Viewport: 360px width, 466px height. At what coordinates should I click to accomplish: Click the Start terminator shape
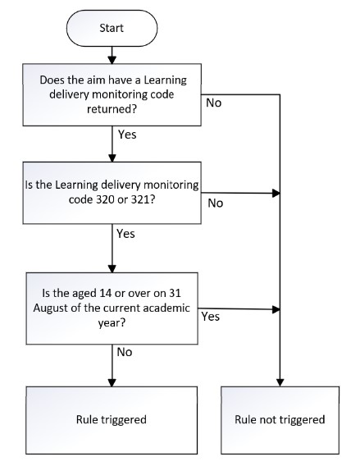coord(112,28)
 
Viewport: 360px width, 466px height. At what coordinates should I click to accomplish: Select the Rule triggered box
coord(112,420)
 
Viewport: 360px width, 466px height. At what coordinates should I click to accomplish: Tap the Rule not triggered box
coord(280,420)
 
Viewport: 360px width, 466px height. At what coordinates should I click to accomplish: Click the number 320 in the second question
coord(105,199)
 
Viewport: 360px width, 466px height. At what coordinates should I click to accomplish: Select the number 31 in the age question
coord(175,293)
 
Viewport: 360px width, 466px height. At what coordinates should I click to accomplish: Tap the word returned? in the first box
coord(112,109)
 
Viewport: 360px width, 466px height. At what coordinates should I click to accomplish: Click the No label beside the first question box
coord(213,103)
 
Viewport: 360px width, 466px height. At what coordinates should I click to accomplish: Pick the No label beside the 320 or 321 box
coord(216,203)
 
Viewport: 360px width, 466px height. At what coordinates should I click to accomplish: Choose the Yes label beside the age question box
coord(211,317)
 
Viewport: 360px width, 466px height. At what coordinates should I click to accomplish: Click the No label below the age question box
coord(125,352)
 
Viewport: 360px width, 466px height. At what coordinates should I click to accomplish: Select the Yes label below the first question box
coord(127,135)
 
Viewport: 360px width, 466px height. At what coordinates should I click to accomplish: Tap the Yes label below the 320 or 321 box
coord(125,234)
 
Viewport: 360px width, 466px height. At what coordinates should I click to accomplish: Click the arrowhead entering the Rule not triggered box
coord(280,382)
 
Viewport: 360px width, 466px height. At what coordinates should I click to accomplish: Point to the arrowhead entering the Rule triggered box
coord(112,382)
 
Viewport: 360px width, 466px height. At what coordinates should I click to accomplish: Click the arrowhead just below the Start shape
coord(112,60)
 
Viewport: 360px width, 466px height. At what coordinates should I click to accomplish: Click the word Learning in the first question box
coord(166,80)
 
